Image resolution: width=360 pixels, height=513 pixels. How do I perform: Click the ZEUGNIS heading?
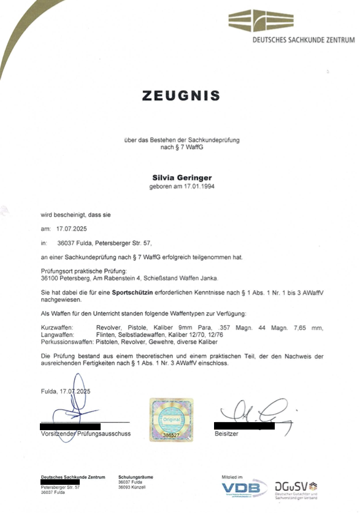point(181,96)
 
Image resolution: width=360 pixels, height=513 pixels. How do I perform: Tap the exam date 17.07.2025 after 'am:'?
point(72,228)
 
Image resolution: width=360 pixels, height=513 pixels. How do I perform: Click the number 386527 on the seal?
point(172,434)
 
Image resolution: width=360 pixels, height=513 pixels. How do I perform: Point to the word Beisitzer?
point(226,434)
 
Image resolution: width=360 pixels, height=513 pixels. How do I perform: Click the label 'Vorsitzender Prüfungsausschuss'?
point(85,434)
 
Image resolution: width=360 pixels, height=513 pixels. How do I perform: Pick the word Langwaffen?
point(57,334)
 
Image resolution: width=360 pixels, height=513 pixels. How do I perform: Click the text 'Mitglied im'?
point(232,477)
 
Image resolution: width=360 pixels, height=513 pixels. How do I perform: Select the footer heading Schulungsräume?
point(136,477)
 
